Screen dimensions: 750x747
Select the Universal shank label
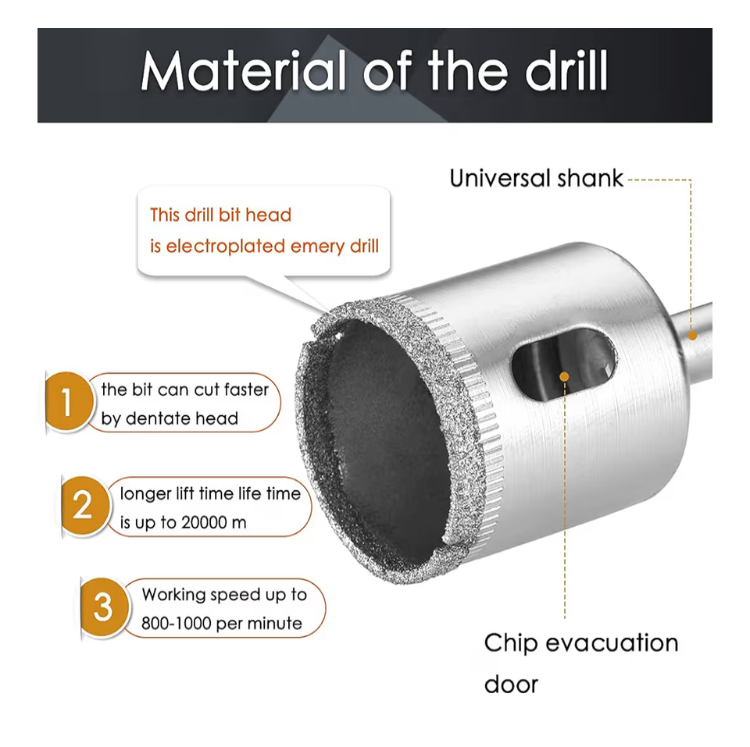[x=536, y=178]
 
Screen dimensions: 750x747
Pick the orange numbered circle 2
[x=84, y=505]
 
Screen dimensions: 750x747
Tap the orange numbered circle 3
[x=103, y=607]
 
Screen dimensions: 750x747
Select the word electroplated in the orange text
[x=225, y=246]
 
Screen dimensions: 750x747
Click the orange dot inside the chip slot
[x=564, y=376]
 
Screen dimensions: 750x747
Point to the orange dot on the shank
[x=692, y=336]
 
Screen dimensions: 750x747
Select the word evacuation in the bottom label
[x=612, y=643]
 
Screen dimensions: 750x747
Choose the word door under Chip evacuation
[x=511, y=685]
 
